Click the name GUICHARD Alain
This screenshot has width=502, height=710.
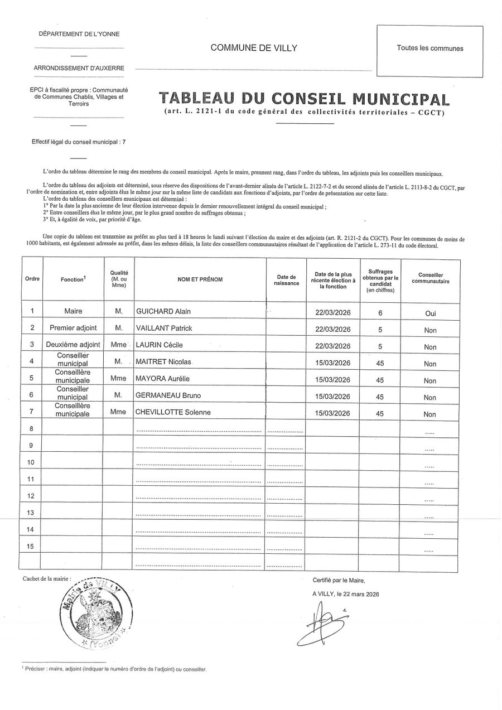[x=163, y=311]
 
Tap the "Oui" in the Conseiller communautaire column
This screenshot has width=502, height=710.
[x=430, y=313]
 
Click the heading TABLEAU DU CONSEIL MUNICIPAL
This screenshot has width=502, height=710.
[x=303, y=99]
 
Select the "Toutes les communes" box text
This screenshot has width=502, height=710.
[x=429, y=49]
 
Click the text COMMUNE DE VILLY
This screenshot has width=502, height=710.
[x=254, y=48]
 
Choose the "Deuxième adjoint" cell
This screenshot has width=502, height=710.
[x=73, y=345]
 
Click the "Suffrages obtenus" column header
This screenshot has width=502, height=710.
[x=380, y=281]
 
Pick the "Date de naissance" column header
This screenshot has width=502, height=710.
[x=286, y=280]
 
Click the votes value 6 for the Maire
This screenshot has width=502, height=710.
[x=380, y=313]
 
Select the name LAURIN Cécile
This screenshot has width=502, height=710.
[x=160, y=345]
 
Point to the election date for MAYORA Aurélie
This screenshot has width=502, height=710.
[x=332, y=380]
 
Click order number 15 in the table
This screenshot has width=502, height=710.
[x=31, y=546]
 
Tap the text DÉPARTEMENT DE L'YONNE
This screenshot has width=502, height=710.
[x=79, y=34]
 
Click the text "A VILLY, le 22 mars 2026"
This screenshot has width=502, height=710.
[x=346, y=595]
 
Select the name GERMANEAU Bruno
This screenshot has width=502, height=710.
[x=168, y=396]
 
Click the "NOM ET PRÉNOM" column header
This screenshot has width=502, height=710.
[x=200, y=279]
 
